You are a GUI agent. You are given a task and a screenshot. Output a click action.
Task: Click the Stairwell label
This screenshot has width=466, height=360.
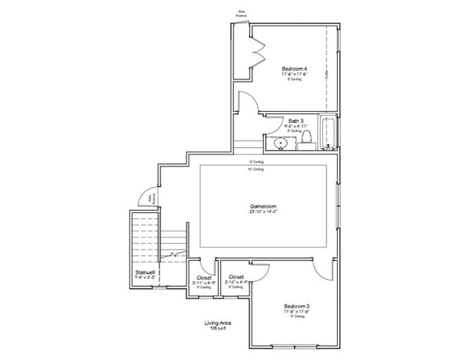coord(145,271)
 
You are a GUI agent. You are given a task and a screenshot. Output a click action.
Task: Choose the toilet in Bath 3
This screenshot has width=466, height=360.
coord(306,140)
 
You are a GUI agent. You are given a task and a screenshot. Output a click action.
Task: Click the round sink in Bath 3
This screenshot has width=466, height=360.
coord(279,142)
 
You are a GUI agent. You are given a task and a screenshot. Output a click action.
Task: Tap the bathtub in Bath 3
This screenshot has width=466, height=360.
coord(328,133)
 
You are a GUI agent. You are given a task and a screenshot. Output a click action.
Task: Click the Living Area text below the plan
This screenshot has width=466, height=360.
coord(219,323)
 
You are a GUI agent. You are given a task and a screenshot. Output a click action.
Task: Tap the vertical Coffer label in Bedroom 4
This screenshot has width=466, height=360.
coord(327,75)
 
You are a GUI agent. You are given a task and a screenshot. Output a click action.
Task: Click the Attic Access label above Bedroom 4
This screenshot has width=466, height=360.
coord(242,13)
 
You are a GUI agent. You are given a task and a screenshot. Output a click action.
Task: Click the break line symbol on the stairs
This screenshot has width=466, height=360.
coord(175,256)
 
